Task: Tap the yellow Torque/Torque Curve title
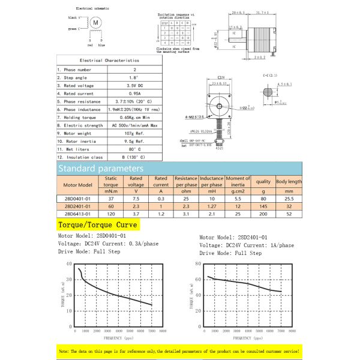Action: click(97, 225)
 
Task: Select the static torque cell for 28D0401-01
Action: click(111, 198)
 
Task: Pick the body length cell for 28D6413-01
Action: click(289, 214)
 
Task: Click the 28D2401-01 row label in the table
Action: click(77, 206)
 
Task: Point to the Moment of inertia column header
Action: click(238, 182)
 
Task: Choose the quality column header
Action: click(263, 181)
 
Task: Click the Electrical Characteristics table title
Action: click(109, 60)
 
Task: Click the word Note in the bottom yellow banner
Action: click(63, 350)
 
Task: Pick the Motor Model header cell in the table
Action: click(77, 185)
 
